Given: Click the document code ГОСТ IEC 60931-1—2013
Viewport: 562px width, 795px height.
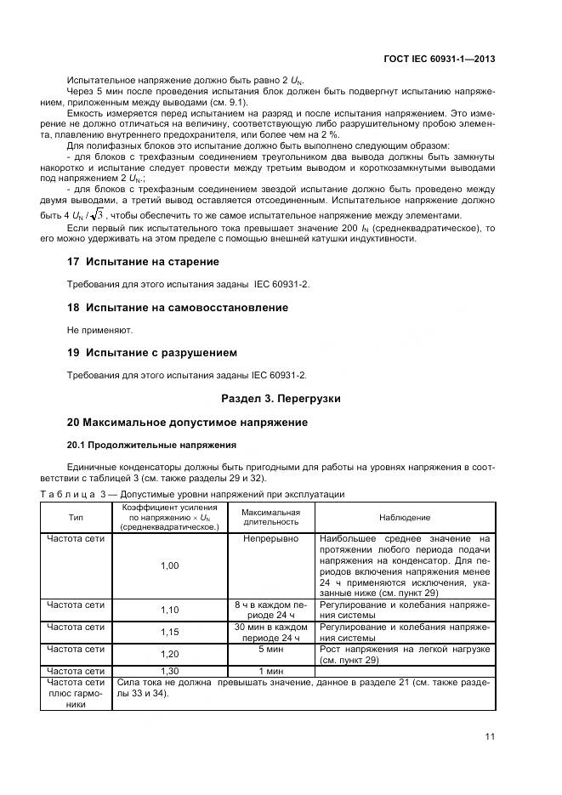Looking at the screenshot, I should click(x=440, y=60).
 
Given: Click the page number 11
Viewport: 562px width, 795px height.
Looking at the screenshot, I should click(x=490, y=736).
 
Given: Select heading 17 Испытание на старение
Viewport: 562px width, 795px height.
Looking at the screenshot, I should click(x=143, y=262).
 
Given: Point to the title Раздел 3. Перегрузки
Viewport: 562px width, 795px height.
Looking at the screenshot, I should click(x=281, y=398).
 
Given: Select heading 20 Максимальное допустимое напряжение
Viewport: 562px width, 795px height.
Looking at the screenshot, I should click(x=187, y=422).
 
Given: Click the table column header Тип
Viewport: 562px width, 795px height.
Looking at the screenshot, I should click(x=77, y=517).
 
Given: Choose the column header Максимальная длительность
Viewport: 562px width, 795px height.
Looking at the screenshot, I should click(x=270, y=517).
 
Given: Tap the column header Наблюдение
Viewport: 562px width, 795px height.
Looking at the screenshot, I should click(x=405, y=517).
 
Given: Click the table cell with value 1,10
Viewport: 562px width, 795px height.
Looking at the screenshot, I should click(x=170, y=610).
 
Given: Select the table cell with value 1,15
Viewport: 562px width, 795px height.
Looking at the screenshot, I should click(x=170, y=632).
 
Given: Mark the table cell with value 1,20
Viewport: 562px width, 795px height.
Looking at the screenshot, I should click(x=170, y=654).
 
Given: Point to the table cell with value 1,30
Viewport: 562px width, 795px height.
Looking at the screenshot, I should click(x=170, y=670).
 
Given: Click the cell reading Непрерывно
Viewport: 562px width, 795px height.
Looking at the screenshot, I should click(x=270, y=538).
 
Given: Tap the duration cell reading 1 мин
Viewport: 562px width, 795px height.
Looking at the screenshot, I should click(x=270, y=670).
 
